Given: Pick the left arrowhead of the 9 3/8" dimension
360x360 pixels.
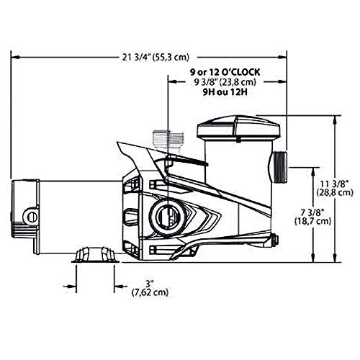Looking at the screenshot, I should pyautogui.click(x=170, y=82).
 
